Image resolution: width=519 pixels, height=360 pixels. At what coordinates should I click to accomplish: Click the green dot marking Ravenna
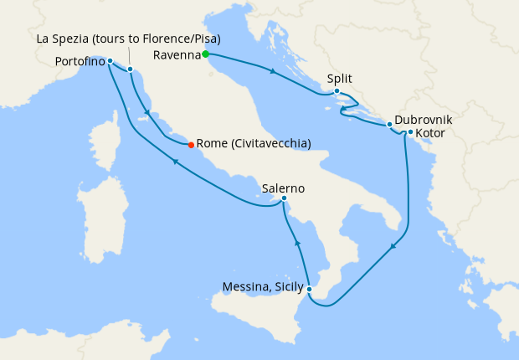coord(205,55)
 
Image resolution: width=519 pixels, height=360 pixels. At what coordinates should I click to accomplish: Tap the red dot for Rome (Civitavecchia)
coord(192,144)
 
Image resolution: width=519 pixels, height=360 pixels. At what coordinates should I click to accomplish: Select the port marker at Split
coord(336,91)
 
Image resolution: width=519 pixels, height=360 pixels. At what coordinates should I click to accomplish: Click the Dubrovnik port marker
coord(390,125)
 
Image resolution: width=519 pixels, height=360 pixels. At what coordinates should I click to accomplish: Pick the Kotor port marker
coord(410,132)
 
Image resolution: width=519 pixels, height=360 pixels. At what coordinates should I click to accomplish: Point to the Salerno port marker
coord(285,198)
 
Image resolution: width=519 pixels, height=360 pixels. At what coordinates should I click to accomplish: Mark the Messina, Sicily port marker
coord(310,290)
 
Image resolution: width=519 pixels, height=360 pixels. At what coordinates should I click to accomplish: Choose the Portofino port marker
coord(110,61)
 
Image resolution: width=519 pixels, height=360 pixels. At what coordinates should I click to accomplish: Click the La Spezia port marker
coord(131,69)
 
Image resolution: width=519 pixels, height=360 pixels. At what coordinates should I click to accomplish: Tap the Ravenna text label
coord(177,55)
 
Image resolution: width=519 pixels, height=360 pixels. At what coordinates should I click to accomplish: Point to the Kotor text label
coord(430,133)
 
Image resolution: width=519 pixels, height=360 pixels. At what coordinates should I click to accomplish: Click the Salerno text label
coord(283,188)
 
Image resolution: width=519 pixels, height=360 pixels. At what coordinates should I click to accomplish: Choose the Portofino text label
coord(80,61)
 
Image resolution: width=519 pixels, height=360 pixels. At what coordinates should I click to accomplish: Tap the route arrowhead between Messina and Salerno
coord(297,243)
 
